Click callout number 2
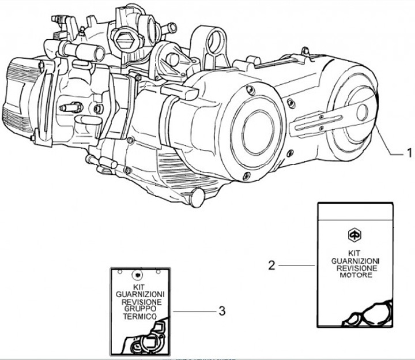(271, 265)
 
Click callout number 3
(221, 312)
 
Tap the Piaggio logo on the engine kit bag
(354, 235)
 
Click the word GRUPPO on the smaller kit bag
(138, 309)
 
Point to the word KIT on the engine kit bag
(354, 253)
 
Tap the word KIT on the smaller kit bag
(138, 287)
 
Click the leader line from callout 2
(297, 265)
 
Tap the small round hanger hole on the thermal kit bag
(138, 274)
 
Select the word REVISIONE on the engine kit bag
(354, 268)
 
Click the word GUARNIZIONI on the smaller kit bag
(138, 294)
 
